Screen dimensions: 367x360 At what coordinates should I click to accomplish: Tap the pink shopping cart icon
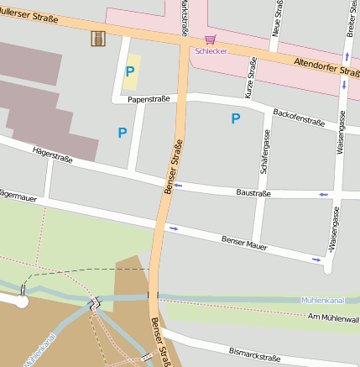tap(210, 39)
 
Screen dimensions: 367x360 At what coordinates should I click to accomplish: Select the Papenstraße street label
tap(149, 99)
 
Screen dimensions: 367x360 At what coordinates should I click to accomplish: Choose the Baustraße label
tap(253, 192)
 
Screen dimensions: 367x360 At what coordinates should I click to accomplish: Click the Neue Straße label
tap(279, 18)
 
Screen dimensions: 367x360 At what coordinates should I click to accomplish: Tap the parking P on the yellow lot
tap(130, 72)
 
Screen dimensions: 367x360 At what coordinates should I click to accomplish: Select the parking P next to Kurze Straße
tap(236, 119)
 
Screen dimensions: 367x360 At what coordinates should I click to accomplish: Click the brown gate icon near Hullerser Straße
tap(98, 38)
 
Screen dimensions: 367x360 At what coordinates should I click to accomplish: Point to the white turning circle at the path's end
tap(21, 300)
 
